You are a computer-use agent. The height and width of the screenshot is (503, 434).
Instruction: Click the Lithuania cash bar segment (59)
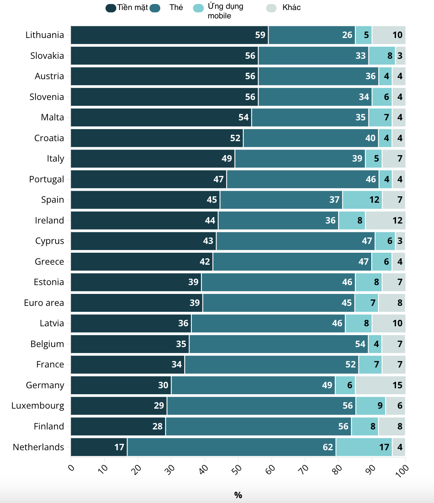coord(169,35)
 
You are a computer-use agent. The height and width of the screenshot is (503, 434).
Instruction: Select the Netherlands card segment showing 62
coord(231,447)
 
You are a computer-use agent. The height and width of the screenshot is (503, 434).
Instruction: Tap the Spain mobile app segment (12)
coord(362,200)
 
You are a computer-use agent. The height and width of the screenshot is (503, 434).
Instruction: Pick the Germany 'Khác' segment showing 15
coord(380,385)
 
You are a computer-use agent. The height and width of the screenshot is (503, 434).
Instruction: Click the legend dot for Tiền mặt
coord(111,8)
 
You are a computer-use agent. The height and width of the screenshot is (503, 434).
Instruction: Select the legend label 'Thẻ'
coord(176,8)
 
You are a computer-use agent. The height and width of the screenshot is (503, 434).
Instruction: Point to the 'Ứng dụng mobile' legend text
coord(225,11)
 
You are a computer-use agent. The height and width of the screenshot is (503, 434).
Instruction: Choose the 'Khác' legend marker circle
coord(271,8)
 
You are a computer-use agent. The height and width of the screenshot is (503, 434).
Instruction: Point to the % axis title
coord(238,495)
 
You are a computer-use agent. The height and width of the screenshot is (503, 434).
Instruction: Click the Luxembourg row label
coord(38,406)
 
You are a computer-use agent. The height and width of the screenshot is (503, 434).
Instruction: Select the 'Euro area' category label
coord(44,303)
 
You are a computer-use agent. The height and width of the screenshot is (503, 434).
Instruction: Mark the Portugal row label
coord(46,180)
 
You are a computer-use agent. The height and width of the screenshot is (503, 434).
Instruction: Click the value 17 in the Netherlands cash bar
coord(119,447)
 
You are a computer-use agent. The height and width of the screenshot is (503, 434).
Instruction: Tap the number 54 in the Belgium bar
coord(360,344)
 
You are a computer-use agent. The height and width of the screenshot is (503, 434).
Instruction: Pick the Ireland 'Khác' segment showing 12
coord(385,221)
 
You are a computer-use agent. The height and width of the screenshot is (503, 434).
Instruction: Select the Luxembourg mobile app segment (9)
coord(370,406)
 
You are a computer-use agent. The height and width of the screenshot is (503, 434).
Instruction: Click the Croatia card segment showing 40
coord(311,138)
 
